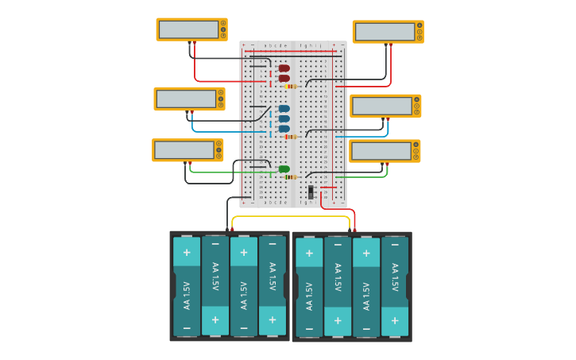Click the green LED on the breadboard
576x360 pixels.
coord(284,168)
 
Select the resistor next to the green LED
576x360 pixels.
coord(291,177)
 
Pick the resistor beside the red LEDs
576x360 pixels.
coord(291,86)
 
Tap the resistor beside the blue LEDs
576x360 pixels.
coord(291,137)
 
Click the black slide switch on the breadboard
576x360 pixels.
coord(311,192)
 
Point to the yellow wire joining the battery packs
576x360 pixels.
coord(291,216)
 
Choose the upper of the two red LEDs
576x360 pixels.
coord(284,68)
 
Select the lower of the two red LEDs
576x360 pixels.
coord(284,78)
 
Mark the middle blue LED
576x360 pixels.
coord(284,118)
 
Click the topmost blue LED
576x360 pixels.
coord(284,109)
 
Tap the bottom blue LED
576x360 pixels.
coord(284,128)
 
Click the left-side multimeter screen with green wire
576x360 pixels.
coord(184,149)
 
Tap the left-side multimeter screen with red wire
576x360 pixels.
coord(188,29)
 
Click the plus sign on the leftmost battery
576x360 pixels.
coord(187,253)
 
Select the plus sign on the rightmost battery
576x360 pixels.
coord(395,321)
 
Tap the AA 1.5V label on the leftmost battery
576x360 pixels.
coord(187,295)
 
